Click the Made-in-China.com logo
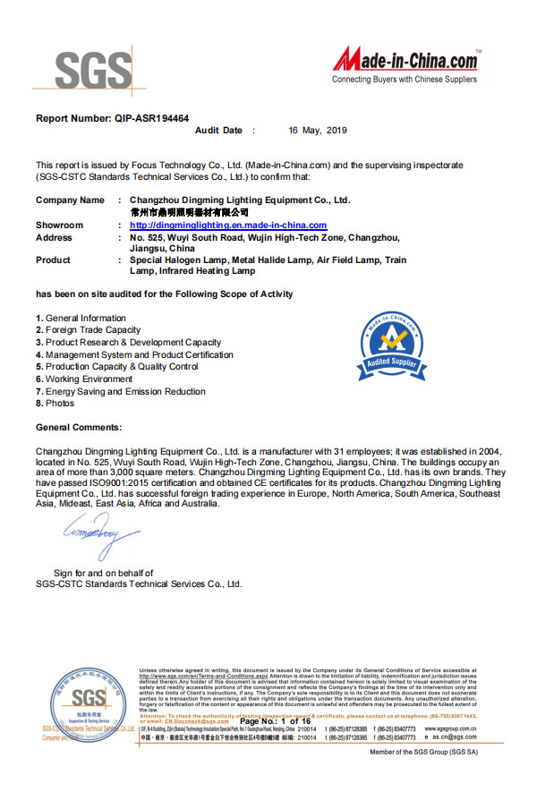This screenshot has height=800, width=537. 405,64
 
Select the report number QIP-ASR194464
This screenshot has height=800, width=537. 113,118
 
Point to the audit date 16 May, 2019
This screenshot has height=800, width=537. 318,131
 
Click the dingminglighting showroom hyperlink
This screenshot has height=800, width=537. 228,226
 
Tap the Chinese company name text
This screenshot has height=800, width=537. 190,213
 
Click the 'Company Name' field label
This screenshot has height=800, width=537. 70,200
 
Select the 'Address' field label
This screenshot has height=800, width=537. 54,238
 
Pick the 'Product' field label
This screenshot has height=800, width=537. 53,260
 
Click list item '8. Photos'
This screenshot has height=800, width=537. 55,404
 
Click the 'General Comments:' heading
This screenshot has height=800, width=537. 79,428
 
